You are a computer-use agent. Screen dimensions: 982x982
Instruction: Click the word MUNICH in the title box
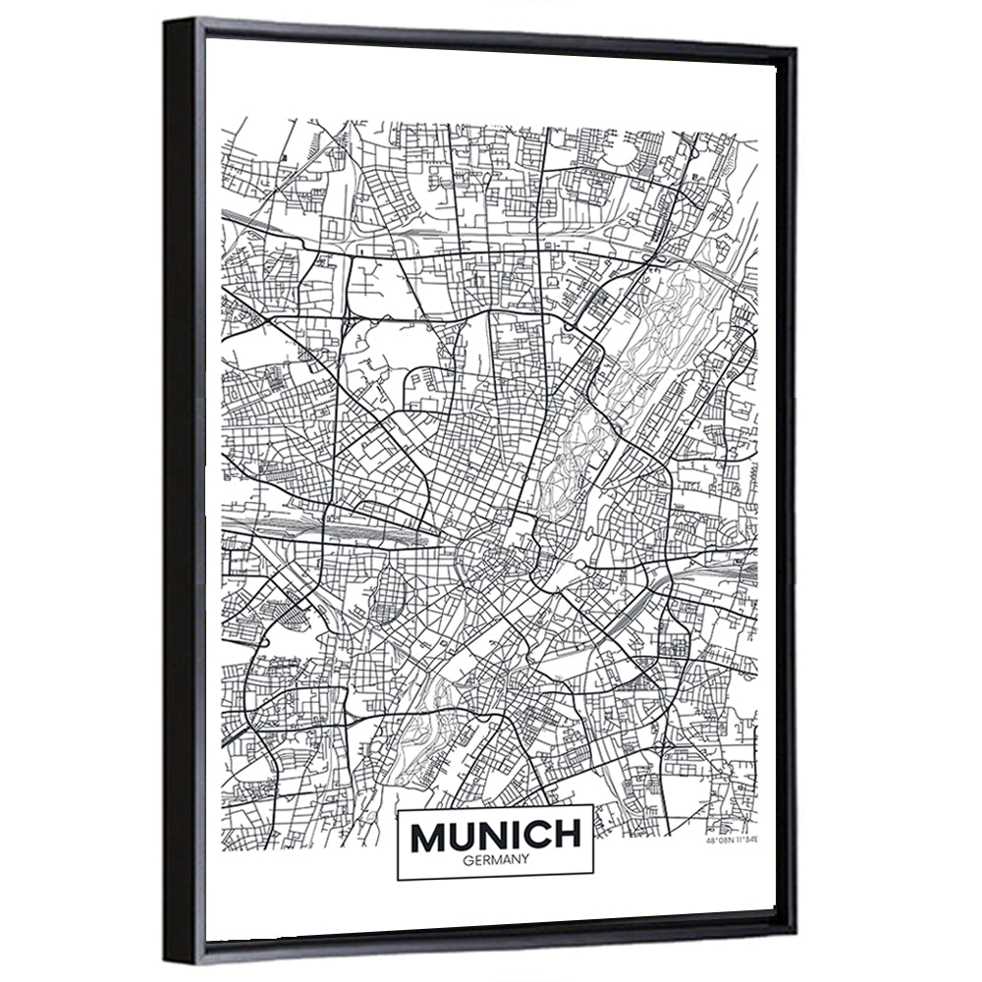click(495, 836)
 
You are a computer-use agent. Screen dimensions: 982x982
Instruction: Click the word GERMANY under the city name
click(495, 859)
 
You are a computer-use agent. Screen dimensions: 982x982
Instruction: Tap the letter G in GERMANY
click(464, 859)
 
